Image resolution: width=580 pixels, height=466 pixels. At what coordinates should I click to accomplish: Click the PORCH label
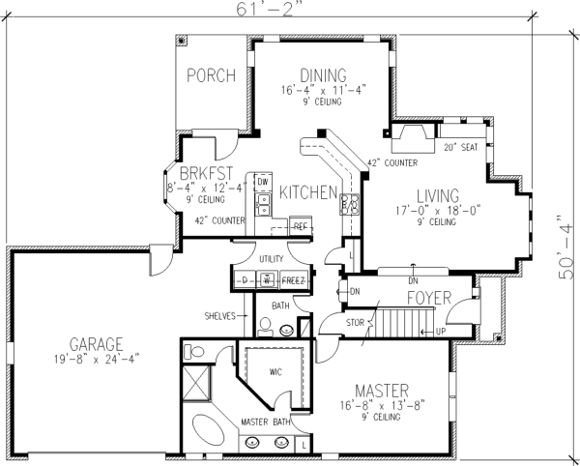click(211, 75)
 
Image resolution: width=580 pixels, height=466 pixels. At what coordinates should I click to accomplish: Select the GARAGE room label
click(96, 343)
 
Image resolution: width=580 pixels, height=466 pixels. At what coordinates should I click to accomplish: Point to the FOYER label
click(430, 297)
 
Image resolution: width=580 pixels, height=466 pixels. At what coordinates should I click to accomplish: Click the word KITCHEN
click(307, 192)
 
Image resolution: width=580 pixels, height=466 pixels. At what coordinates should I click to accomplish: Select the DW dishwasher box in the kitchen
click(262, 182)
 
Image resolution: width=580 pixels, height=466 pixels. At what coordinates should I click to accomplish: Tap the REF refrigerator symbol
click(300, 226)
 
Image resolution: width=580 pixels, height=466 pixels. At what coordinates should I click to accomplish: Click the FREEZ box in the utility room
click(294, 280)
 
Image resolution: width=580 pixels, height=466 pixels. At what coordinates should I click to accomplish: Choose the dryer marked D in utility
click(245, 280)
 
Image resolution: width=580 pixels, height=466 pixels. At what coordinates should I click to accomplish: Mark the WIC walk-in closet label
click(276, 368)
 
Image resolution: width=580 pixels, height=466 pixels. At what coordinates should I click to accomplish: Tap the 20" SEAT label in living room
click(461, 148)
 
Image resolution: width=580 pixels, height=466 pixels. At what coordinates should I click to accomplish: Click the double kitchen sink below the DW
click(261, 203)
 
